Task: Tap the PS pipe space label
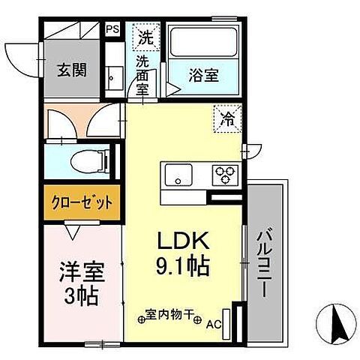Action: point(112,29)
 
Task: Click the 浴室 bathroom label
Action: point(202,75)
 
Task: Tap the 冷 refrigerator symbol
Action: point(228,116)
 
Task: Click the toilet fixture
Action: point(94,159)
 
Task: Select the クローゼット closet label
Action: point(81,202)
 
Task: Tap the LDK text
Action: point(183,242)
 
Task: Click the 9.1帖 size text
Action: point(183,265)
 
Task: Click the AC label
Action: point(214,324)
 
